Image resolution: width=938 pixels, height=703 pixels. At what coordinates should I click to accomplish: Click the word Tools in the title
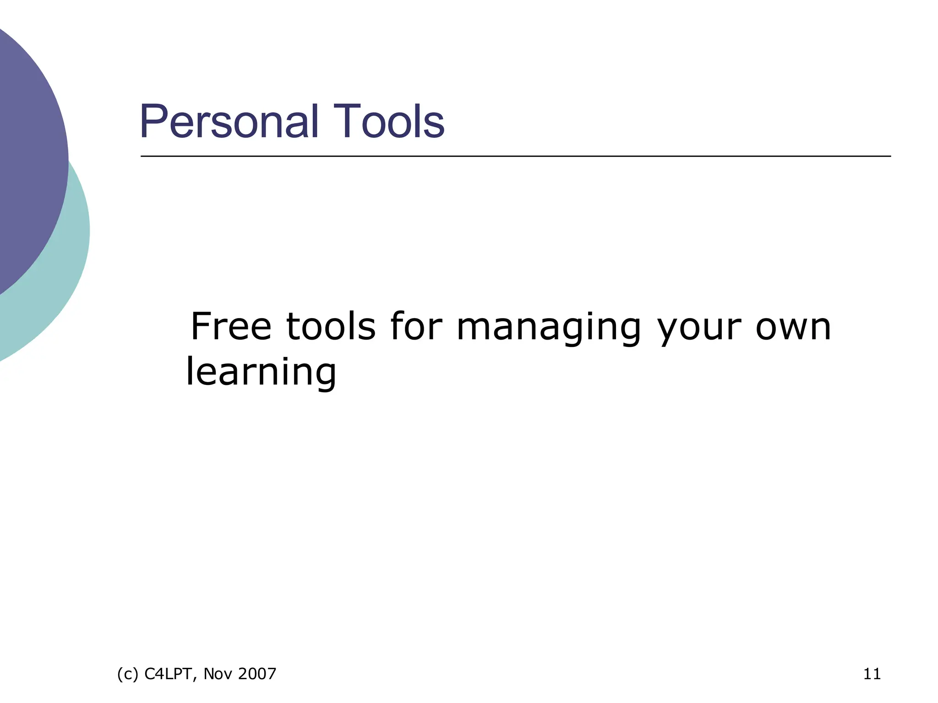click(x=389, y=122)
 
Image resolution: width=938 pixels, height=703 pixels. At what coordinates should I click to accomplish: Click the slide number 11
click(x=872, y=674)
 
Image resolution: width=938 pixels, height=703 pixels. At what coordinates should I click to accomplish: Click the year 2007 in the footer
click(x=257, y=674)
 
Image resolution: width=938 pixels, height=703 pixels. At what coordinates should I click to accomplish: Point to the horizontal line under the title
click(x=515, y=156)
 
